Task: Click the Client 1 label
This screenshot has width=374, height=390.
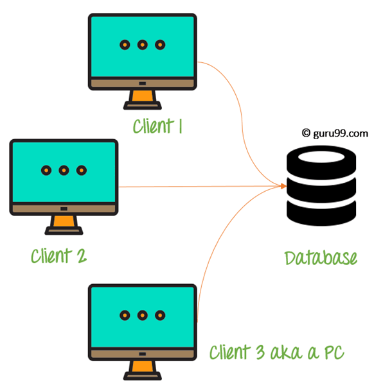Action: point(157,126)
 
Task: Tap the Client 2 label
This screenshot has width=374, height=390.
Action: point(59,256)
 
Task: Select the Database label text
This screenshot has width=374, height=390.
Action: point(321,258)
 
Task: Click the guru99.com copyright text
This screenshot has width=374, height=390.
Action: point(335,133)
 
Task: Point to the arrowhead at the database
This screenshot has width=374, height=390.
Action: point(283,186)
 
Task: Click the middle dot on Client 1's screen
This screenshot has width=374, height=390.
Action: point(142,45)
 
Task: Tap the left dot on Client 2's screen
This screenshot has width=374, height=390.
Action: point(46,171)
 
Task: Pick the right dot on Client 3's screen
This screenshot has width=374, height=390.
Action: point(160,316)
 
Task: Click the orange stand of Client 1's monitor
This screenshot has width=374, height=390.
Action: point(142,96)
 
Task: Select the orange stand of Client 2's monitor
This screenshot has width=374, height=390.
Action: point(64,221)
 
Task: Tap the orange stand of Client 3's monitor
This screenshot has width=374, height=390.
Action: point(142,367)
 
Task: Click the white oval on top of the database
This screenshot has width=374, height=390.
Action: point(321,157)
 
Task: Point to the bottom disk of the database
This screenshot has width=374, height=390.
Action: point(321,213)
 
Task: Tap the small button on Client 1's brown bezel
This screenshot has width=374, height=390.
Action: point(142,83)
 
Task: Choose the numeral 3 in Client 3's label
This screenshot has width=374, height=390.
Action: point(260,352)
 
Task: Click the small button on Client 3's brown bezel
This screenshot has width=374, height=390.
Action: point(142,354)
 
